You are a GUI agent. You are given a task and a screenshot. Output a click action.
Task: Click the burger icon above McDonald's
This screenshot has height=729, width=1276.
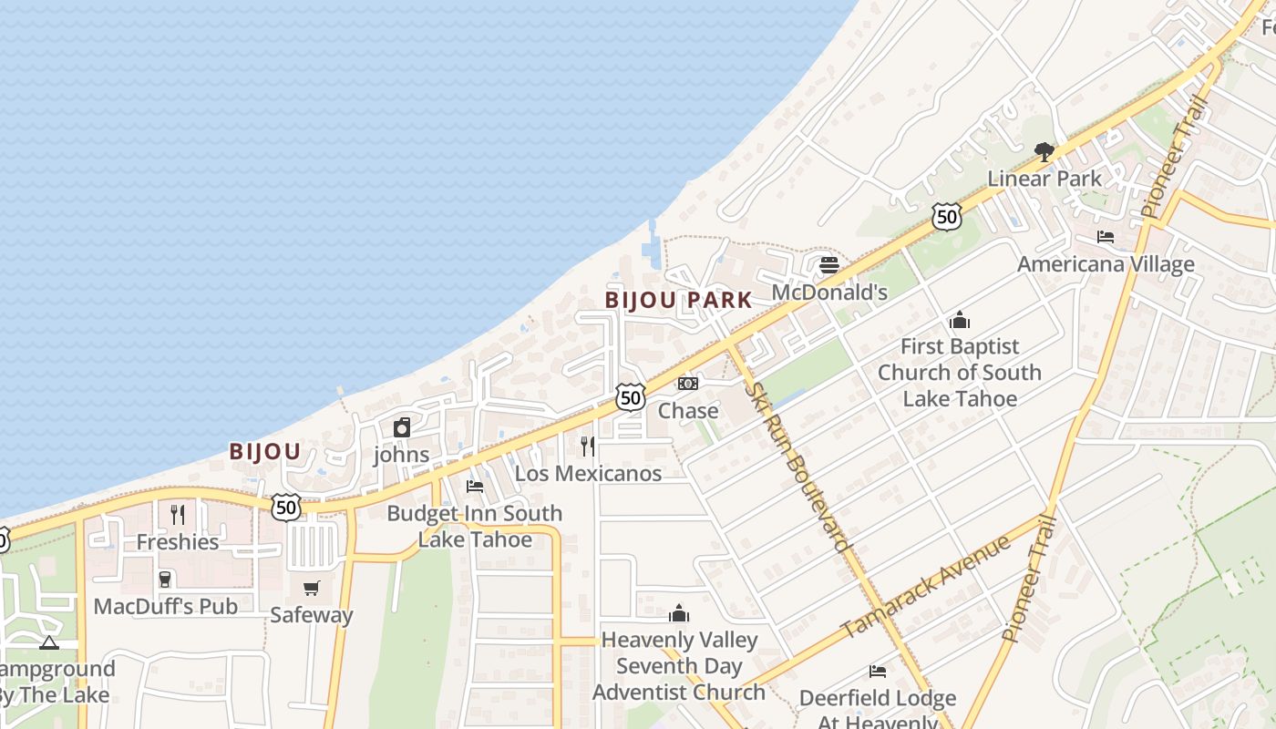828,265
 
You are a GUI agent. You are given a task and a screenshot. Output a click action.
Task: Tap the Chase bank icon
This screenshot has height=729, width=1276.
688,384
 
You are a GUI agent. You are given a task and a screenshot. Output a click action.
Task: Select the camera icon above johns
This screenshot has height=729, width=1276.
401,427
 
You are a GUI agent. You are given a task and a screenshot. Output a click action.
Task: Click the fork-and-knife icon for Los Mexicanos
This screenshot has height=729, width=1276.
588,446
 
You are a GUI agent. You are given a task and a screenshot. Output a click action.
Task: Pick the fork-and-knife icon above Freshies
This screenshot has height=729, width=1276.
178,515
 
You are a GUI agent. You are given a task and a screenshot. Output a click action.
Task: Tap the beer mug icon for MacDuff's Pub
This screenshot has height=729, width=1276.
165,580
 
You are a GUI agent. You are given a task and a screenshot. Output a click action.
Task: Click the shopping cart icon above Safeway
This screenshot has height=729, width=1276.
312,588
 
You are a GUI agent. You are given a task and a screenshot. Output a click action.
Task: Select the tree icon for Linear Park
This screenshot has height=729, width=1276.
1044,151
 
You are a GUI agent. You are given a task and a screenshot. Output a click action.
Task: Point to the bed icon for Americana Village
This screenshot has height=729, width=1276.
1106,238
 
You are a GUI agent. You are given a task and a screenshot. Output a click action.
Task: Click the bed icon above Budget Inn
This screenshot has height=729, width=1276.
474,487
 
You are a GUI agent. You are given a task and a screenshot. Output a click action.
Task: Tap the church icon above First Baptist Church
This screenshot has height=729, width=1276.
959,320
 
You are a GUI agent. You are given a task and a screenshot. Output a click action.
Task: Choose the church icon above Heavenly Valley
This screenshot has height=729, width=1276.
679,613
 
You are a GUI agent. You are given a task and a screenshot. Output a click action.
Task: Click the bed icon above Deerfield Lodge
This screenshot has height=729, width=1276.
877,672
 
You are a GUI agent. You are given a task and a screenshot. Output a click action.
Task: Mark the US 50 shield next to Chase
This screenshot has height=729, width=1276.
630,396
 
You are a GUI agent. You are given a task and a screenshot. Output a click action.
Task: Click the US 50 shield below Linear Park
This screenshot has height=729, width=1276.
947,216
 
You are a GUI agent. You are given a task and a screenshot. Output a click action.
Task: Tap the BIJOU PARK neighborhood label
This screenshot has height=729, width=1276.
679,300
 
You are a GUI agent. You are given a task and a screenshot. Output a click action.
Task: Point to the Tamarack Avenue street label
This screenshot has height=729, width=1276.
925,588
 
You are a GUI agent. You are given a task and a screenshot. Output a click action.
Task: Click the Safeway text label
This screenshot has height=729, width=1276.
311,615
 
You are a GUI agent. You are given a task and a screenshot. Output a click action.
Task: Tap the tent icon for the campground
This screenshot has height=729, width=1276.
49,642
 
